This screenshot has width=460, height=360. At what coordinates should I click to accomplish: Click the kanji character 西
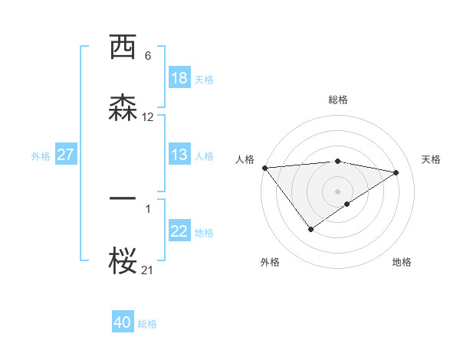pyautogui.click(x=123, y=47)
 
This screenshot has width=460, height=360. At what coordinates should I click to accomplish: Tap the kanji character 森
pyautogui.click(x=123, y=107)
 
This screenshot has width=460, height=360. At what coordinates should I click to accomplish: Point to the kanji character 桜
pyautogui.click(x=123, y=262)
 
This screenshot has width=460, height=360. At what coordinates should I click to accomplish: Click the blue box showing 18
pyautogui.click(x=179, y=78)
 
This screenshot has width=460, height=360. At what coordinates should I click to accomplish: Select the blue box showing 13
pyautogui.click(x=179, y=155)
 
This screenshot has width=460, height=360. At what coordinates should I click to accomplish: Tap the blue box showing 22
pyautogui.click(x=179, y=232)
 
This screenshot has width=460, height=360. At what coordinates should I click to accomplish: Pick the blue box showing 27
pyautogui.click(x=65, y=155)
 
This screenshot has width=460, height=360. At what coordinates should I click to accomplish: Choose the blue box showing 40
pyautogui.click(x=123, y=322)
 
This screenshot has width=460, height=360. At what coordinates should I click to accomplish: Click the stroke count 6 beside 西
pyautogui.click(x=148, y=56)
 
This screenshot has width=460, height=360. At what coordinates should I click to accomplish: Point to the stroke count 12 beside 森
pyautogui.click(x=148, y=117)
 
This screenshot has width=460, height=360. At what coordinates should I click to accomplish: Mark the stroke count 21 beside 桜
pyautogui.click(x=148, y=270)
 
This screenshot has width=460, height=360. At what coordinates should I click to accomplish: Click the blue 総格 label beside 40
pyautogui.click(x=147, y=324)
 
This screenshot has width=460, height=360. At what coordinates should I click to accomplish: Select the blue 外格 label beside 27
pyautogui.click(x=41, y=155)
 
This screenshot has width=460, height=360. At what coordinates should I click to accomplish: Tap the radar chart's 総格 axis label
pyautogui.click(x=338, y=100)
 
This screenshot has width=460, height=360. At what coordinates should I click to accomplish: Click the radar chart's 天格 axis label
pyautogui.click(x=432, y=159)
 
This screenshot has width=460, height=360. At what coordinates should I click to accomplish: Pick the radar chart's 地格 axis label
pyautogui.click(x=402, y=263)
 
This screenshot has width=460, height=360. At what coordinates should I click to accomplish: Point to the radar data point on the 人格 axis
pyautogui.click(x=264, y=168)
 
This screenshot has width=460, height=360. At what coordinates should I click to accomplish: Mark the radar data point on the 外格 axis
pyautogui.click(x=310, y=229)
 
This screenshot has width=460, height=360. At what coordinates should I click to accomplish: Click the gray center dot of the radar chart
pyautogui.click(x=338, y=191)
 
